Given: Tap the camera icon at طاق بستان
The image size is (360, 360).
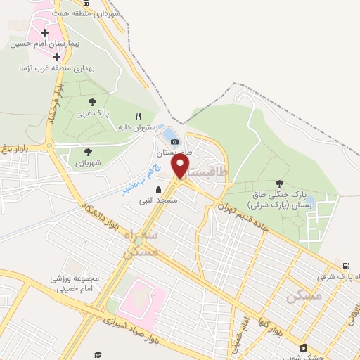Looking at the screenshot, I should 174,142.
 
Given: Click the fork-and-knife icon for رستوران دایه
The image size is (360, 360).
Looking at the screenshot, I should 138,116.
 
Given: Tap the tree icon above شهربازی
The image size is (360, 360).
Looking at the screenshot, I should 88,151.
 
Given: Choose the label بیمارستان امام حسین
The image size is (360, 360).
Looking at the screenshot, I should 46,44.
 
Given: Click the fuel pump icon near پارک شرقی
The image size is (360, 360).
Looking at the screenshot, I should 345,266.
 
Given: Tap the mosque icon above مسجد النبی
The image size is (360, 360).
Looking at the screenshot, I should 158,189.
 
